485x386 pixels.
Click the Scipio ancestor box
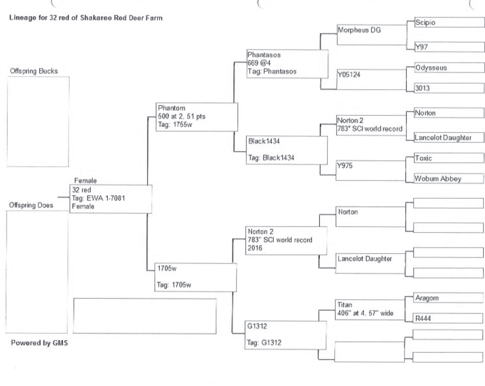click(x=449, y=22)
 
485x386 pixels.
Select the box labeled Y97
click(x=449, y=47)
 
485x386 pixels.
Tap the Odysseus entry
click(x=449, y=68)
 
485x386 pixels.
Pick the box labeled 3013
click(x=449, y=88)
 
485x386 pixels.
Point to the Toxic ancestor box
click(x=449, y=158)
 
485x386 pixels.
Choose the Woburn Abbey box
click(x=449, y=179)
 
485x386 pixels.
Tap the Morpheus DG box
click(x=371, y=34)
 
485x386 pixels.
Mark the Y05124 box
click(x=371, y=79)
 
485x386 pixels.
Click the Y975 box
click(x=370, y=170)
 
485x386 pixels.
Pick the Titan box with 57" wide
click(x=369, y=309)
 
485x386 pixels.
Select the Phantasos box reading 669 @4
click(x=287, y=64)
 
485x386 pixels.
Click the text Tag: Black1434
click(x=271, y=158)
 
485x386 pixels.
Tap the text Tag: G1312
click(x=264, y=343)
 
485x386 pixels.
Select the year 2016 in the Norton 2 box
click(x=255, y=248)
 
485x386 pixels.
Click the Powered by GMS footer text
click(x=39, y=343)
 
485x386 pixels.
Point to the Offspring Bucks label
click(x=34, y=71)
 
